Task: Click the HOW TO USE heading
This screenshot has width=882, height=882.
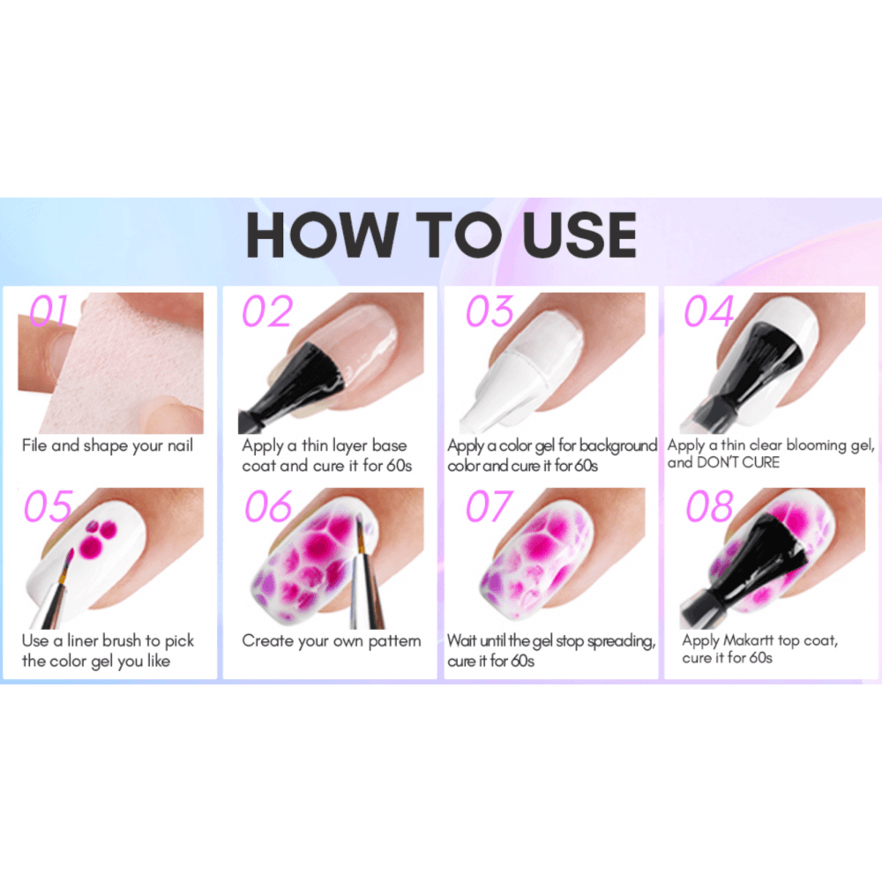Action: point(441,235)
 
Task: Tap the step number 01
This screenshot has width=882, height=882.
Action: point(49,312)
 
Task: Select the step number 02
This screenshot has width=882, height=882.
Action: point(266,312)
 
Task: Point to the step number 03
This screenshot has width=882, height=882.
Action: point(490,312)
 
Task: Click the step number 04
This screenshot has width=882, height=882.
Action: point(709,312)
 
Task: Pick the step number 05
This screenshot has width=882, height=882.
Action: point(48,507)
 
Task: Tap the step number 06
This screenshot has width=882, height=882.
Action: point(268,507)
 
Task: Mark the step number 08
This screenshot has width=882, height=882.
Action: point(709,507)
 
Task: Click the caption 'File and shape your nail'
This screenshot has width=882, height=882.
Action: point(107,445)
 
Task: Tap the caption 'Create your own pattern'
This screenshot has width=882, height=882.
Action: point(332,641)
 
